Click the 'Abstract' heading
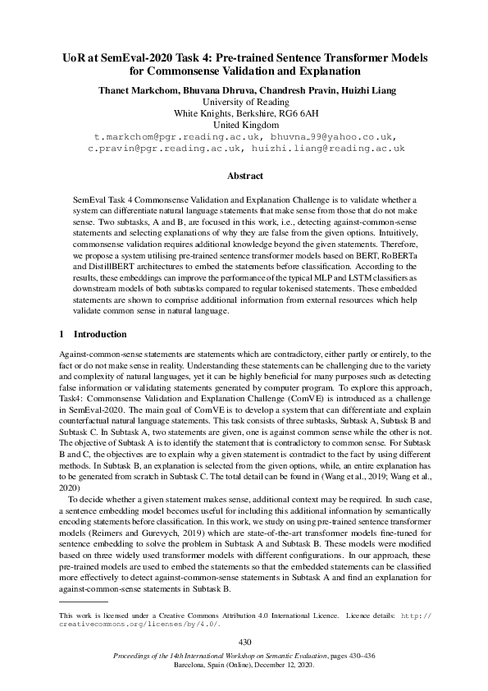(244, 176)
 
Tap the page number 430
(244, 641)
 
